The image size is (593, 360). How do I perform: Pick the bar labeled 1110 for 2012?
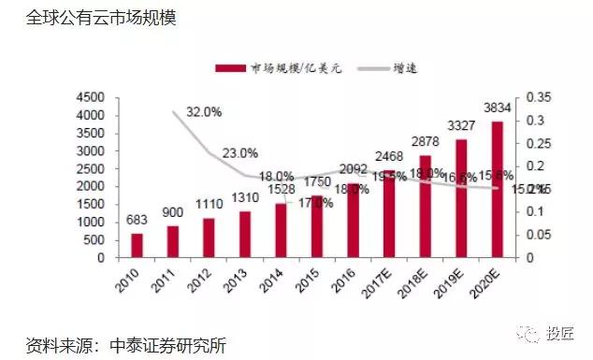click(208, 238)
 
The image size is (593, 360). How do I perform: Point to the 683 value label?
click(137, 221)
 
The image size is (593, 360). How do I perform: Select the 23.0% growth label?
click(239, 152)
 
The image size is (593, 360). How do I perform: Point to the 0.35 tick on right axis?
click(541, 97)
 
